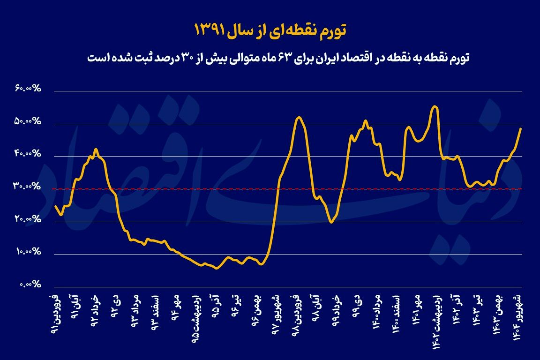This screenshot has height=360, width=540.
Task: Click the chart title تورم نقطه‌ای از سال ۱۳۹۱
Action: tap(270, 30)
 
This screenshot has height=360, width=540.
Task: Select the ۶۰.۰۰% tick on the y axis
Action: tap(28, 89)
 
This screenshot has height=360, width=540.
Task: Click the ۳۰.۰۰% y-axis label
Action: tap(28, 187)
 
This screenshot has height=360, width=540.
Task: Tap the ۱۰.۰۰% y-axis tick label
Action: tap(28, 252)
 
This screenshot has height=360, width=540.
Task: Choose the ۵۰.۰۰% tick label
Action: tap(28, 121)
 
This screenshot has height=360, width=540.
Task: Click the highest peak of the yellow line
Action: tap(435, 106)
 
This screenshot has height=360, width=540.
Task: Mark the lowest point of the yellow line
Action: tap(216, 268)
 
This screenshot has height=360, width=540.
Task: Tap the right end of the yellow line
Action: tap(521, 128)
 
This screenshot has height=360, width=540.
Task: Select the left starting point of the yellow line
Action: tap(55, 206)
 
